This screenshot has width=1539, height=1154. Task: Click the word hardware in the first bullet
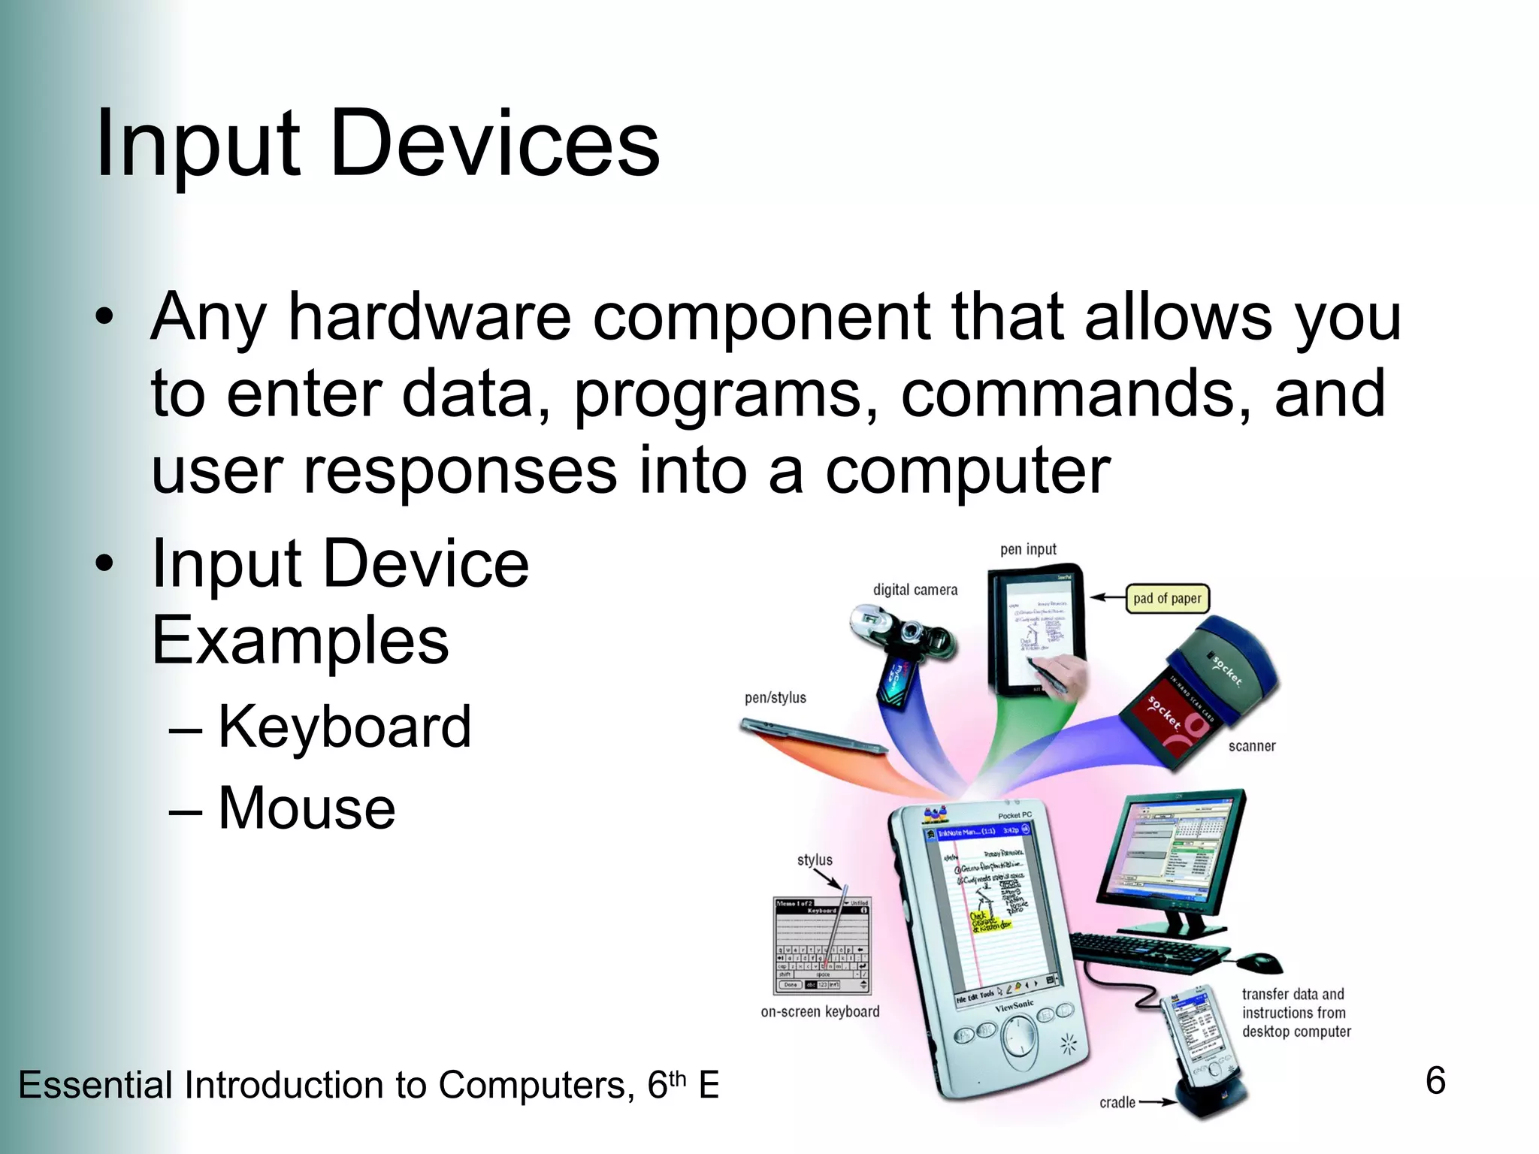[430, 317]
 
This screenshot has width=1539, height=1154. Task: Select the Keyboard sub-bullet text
[344, 727]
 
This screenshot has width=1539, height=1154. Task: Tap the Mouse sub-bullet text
[307, 808]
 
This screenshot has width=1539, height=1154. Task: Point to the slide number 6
[1435, 1081]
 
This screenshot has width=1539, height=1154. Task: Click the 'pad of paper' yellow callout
[1167, 599]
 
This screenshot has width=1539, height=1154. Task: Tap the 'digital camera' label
[915, 590]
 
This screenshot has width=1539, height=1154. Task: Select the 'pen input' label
[1028, 549]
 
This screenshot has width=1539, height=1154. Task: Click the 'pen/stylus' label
[775, 698]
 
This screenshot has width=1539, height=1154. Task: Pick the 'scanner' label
[1252, 746]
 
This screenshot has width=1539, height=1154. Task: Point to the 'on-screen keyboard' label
[820, 1012]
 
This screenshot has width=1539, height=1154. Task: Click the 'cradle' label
[1117, 1103]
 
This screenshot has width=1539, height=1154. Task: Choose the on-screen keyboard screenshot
[822, 945]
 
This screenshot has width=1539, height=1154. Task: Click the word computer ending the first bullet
[968, 471]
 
